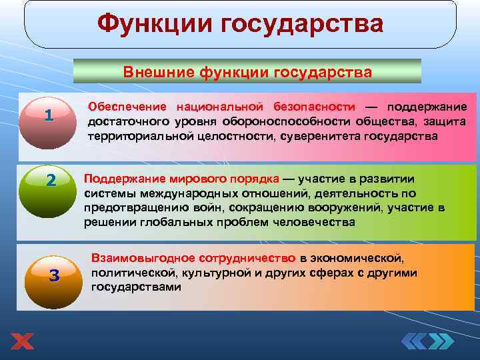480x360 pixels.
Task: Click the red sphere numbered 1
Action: [x=48, y=115]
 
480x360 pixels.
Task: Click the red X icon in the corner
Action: [x=22, y=342]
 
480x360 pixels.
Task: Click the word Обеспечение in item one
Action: [x=128, y=107]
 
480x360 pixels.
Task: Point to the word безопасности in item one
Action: [x=314, y=107]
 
